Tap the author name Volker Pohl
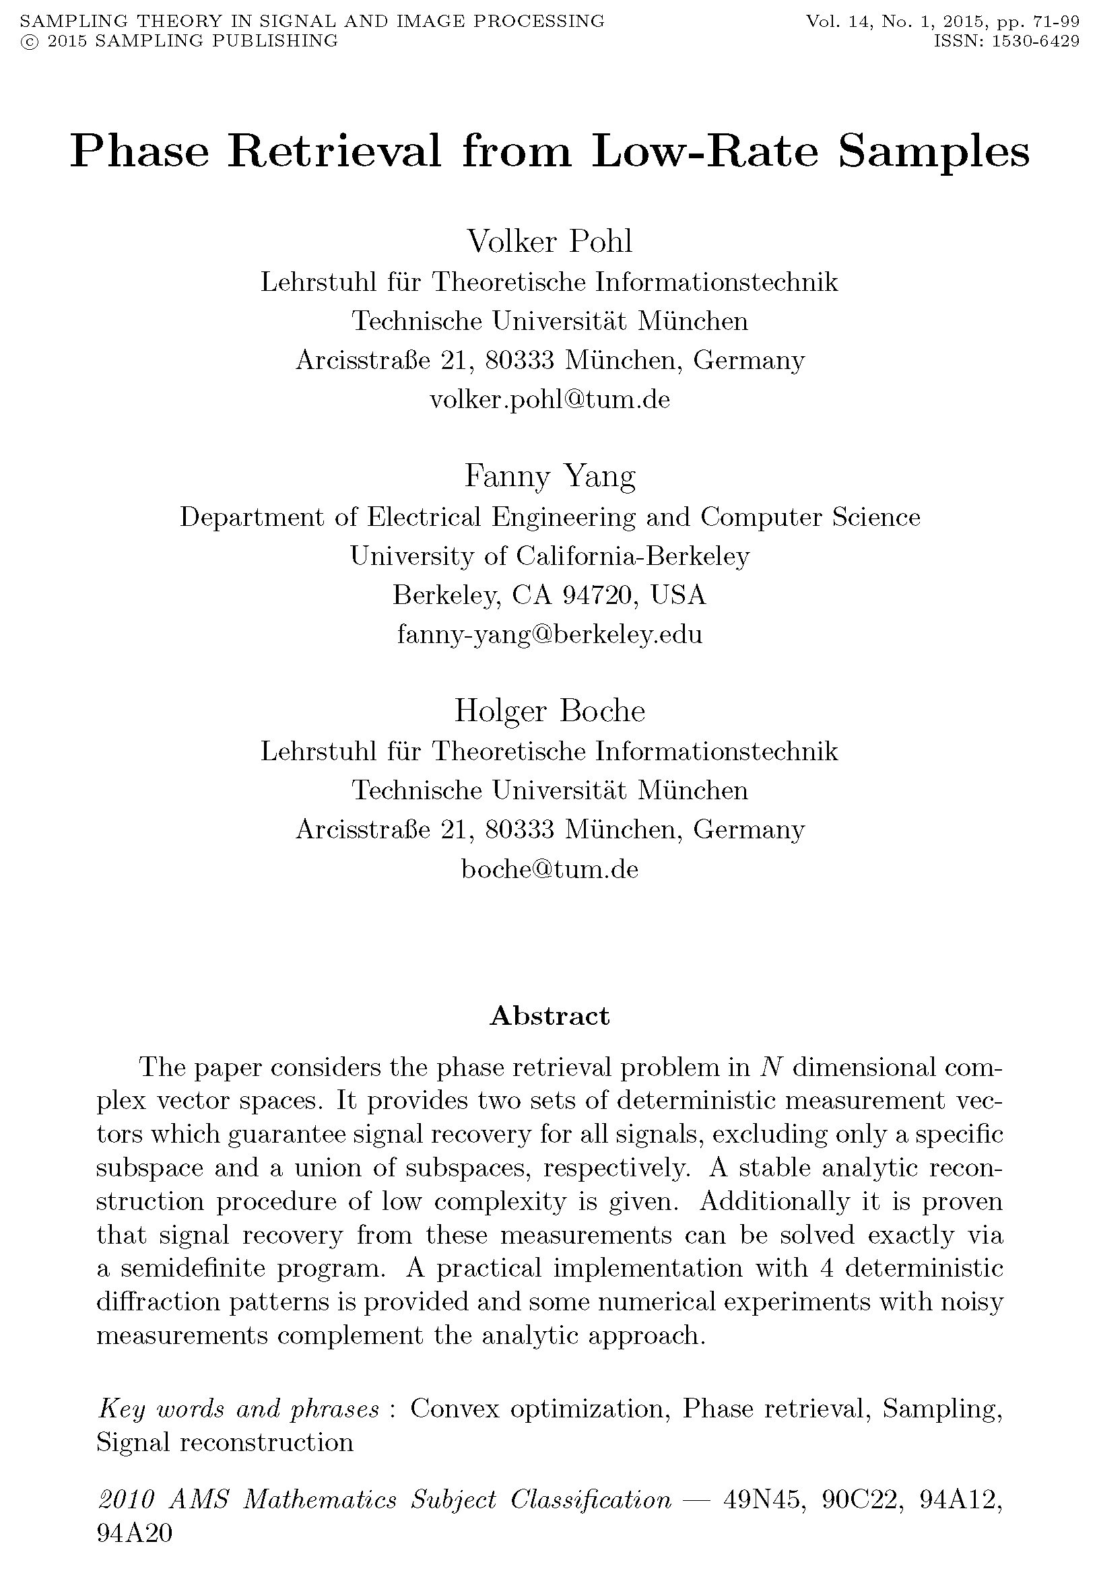(x=550, y=241)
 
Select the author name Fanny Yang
(x=550, y=475)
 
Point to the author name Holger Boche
(x=550, y=710)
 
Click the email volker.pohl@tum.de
(x=550, y=399)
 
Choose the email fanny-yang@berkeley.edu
(x=550, y=634)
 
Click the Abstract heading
(x=550, y=1015)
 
